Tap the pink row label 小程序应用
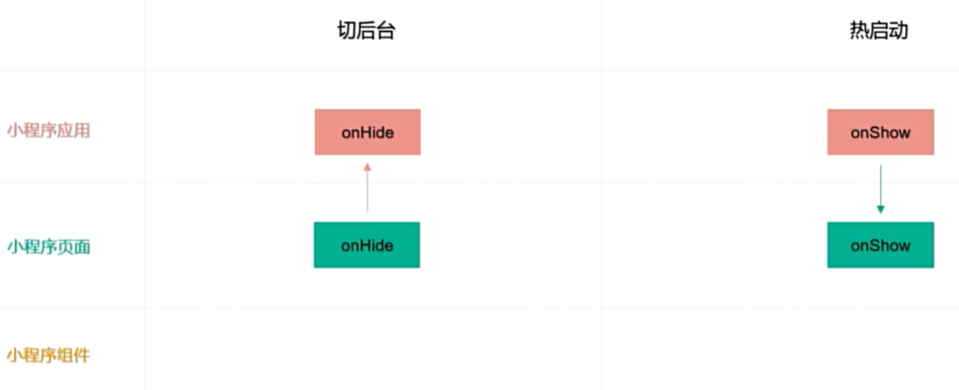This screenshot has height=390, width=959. (x=48, y=131)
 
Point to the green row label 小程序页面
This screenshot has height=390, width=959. (x=48, y=246)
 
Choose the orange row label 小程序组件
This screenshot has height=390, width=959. (x=48, y=355)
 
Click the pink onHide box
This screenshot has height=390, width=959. (x=368, y=132)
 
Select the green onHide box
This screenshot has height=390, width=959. (x=367, y=245)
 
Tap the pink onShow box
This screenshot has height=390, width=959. (x=880, y=132)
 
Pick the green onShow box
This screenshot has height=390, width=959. (x=880, y=245)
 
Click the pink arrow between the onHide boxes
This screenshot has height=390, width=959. (x=368, y=188)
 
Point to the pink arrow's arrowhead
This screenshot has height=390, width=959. (x=368, y=168)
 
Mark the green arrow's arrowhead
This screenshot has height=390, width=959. (x=880, y=210)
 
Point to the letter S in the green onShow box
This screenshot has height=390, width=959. (x=873, y=246)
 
